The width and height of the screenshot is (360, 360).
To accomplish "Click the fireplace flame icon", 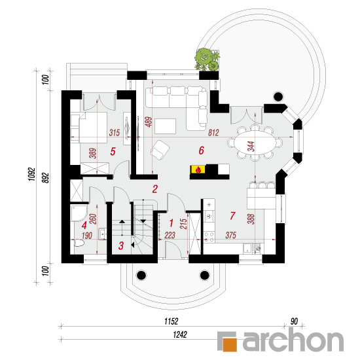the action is pyautogui.click(x=198, y=170).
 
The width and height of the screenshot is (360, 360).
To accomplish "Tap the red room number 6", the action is pyautogui.click(x=202, y=151).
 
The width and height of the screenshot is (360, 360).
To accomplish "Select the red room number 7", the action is pyautogui.click(x=232, y=215).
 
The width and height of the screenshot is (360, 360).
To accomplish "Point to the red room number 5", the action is pyautogui.click(x=113, y=151).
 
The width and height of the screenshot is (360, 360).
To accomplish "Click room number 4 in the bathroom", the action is pyautogui.click(x=84, y=225).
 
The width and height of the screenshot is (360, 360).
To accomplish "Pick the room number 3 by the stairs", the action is pyautogui.click(x=121, y=245).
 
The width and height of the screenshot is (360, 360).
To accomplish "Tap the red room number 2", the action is pyautogui.click(x=155, y=189).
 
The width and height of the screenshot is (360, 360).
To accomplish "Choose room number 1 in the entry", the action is pyautogui.click(x=171, y=223).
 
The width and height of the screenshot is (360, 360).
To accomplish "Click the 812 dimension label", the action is pyautogui.click(x=213, y=132).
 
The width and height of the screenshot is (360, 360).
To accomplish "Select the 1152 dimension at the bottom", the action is pyautogui.click(x=171, y=321).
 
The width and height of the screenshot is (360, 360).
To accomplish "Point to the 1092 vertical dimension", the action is pyautogui.click(x=32, y=174).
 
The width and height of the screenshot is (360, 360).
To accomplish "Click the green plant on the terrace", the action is pyautogui.click(x=207, y=59).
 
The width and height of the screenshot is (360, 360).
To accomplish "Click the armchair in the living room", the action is pyautogui.click(x=160, y=150).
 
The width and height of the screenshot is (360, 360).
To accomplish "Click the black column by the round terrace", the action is pyautogui.click(x=278, y=97).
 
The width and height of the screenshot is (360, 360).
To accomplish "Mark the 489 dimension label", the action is pyautogui.click(x=149, y=122).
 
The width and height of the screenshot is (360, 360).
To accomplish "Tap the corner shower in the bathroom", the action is pyautogui.click(x=79, y=213).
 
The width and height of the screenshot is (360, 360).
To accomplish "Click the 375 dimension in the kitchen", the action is pyautogui.click(x=231, y=235).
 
